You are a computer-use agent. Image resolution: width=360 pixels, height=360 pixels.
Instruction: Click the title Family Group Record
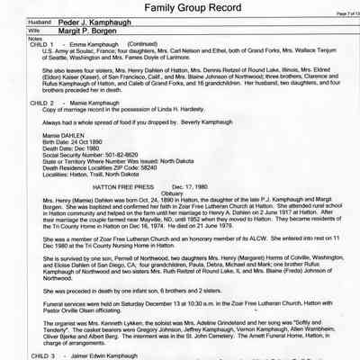(179, 8)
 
